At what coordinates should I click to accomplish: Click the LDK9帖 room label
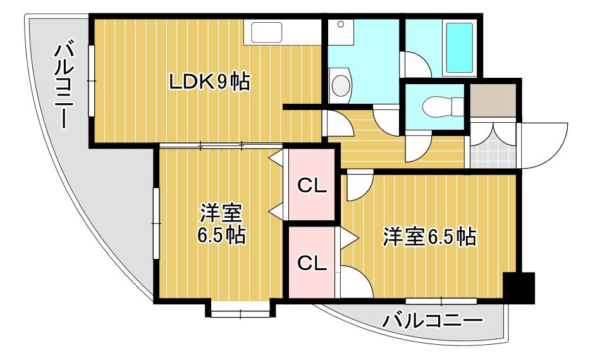209,82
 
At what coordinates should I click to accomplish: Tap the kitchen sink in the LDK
266,32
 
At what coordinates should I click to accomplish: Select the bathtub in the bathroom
459,48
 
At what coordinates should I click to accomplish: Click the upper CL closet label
312,186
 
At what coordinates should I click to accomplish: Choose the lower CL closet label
312,263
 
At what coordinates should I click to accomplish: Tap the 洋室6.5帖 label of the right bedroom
429,237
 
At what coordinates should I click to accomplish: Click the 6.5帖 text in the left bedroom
221,236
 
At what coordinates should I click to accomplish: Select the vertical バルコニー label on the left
63,87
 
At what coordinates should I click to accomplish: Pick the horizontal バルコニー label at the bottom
432,321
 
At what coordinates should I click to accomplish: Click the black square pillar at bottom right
518,288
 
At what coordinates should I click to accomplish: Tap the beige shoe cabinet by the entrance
493,101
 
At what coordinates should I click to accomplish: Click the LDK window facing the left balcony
91,80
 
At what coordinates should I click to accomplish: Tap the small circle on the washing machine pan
341,24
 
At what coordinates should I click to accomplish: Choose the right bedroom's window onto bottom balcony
441,301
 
